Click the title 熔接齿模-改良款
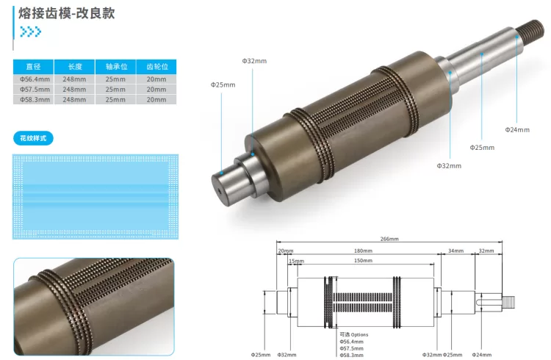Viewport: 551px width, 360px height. [66, 13]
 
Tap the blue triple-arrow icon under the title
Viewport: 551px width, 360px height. [31, 32]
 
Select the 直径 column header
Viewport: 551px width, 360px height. [33, 66]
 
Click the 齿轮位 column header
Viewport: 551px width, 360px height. [156, 66]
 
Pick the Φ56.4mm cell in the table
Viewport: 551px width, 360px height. [34, 79]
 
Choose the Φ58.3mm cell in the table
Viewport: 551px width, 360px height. [34, 99]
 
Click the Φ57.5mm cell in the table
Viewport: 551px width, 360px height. [34, 90]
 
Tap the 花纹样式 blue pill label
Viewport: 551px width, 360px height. [33, 138]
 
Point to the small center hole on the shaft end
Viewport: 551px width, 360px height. [219, 192]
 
